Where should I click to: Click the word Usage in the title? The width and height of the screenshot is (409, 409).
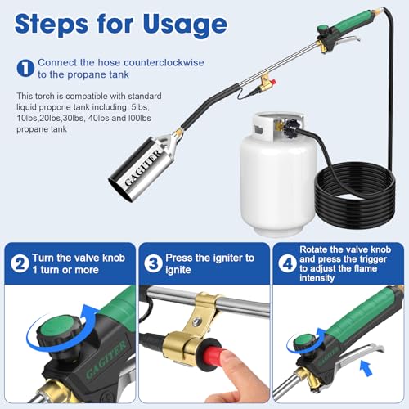[x=185, y=24]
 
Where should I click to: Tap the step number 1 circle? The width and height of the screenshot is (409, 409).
[x=25, y=68]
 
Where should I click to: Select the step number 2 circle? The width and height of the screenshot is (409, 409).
[x=20, y=263]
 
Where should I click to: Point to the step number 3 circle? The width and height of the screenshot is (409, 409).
[x=153, y=263]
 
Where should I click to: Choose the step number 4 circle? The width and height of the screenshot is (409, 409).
[x=287, y=263]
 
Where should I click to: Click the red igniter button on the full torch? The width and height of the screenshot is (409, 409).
[x=273, y=82]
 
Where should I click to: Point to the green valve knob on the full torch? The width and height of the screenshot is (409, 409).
[x=324, y=29]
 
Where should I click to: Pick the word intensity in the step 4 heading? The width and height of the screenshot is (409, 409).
[x=317, y=278]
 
